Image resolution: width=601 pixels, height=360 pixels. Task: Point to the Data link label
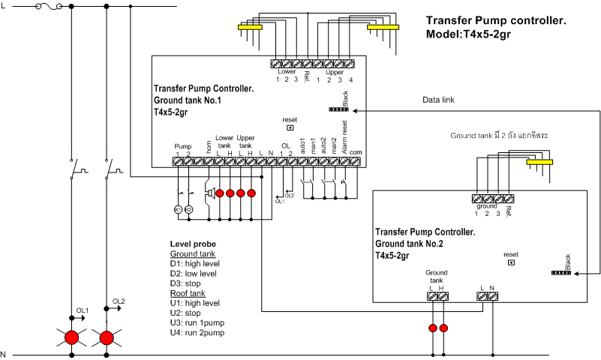click(438, 100)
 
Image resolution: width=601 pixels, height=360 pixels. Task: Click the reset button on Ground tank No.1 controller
click(290, 127)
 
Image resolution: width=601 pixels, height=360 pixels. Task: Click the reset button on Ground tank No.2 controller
click(511, 262)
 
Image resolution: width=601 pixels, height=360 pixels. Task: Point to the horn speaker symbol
click(210, 193)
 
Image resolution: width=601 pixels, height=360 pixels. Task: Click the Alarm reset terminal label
click(344, 140)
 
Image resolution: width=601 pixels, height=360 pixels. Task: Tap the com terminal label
click(356, 152)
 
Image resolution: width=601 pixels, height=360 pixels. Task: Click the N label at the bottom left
click(4, 354)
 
